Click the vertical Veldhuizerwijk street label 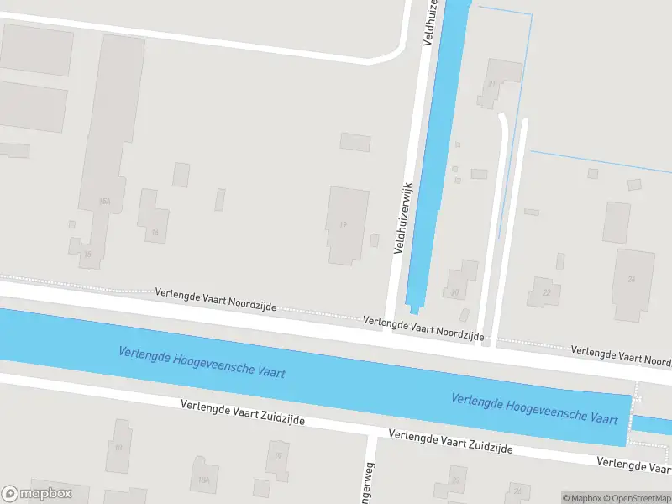[x=403, y=218]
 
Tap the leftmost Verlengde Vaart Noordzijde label [x=216, y=300]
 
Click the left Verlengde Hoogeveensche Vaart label [x=201, y=362]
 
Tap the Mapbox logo [x=37, y=494]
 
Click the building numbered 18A [x=203, y=475]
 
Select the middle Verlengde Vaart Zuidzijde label [x=450, y=442]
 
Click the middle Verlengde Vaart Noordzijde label [x=423, y=328]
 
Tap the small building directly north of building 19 [x=354, y=142]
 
